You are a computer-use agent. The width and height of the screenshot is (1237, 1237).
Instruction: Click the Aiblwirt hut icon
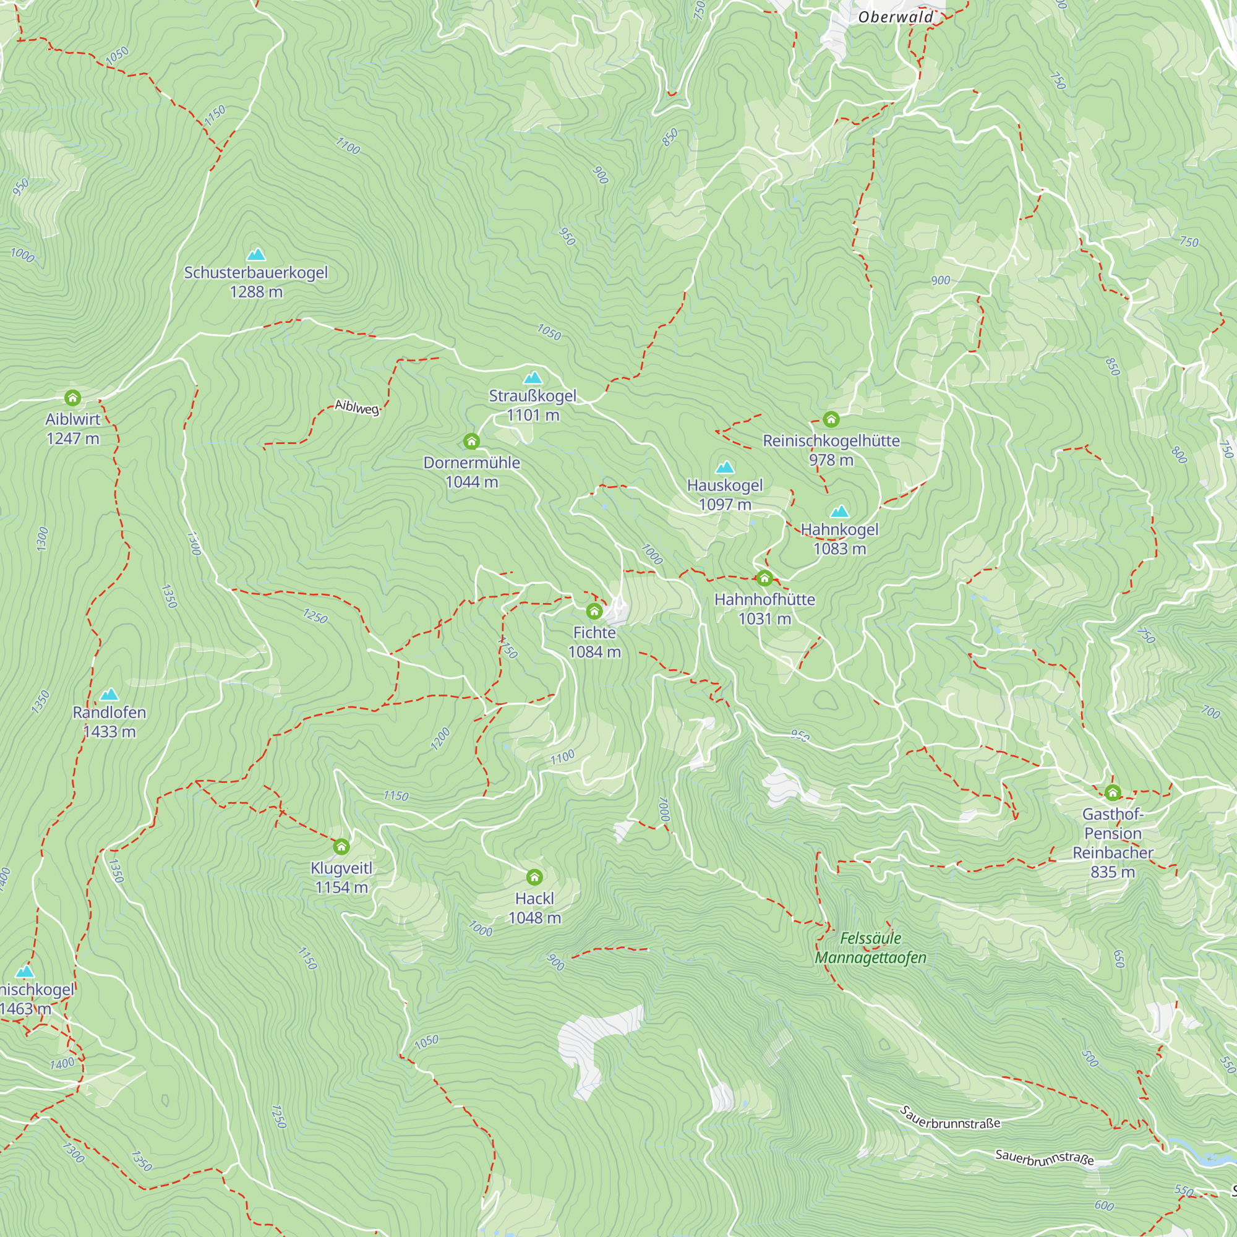pyautogui.click(x=73, y=398)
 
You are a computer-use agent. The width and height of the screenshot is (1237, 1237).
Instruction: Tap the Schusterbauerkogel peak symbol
pyautogui.click(x=256, y=254)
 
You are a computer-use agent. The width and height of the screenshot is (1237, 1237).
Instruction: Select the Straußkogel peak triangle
pyautogui.click(x=533, y=378)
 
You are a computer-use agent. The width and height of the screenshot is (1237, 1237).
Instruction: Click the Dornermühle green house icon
pyautogui.click(x=472, y=441)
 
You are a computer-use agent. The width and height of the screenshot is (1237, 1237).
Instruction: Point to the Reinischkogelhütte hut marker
pyautogui.click(x=831, y=419)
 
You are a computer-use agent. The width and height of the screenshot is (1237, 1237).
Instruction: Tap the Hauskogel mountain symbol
pyautogui.click(x=725, y=468)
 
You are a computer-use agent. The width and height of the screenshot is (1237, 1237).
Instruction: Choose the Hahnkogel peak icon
pyautogui.click(x=839, y=511)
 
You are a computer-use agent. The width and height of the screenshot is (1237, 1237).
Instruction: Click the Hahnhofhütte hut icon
pyautogui.click(x=764, y=579)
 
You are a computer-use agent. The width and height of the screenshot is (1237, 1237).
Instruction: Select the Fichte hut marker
pyautogui.click(x=594, y=612)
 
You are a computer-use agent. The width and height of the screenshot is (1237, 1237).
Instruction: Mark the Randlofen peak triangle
pyautogui.click(x=109, y=694)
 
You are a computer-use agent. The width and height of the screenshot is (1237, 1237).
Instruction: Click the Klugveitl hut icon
pyautogui.click(x=341, y=847)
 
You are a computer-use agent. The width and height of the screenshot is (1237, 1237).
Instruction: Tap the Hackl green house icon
pyautogui.click(x=534, y=877)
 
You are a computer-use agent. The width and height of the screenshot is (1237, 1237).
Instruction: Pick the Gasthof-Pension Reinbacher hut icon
pyautogui.click(x=1113, y=794)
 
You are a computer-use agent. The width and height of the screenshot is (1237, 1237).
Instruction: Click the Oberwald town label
pyautogui.click(x=896, y=17)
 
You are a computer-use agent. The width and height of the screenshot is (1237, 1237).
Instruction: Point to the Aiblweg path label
pyautogui.click(x=357, y=407)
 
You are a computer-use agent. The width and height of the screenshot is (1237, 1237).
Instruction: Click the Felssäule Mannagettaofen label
pyautogui.click(x=870, y=948)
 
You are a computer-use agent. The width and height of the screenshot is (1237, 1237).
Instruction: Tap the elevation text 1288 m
pyautogui.click(x=256, y=292)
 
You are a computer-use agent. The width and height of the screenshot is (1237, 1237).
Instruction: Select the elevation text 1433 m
pyautogui.click(x=109, y=732)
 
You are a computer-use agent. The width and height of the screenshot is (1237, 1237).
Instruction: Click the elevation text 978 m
pyautogui.click(x=831, y=460)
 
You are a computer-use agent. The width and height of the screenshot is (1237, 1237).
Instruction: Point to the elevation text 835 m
pyautogui.click(x=1113, y=872)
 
